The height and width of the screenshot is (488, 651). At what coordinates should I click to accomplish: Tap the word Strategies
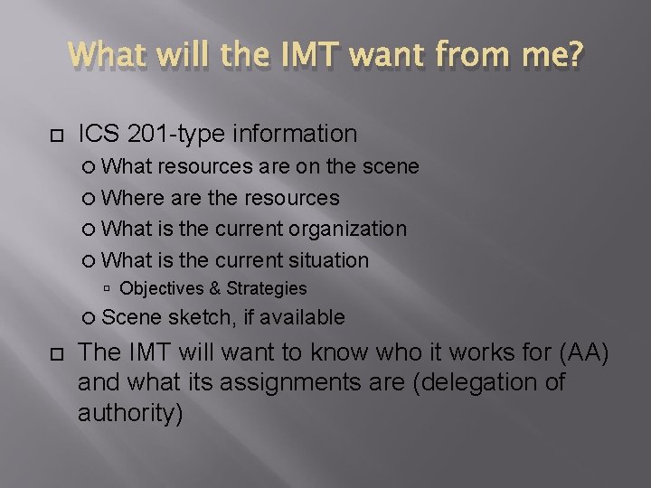[x=267, y=289]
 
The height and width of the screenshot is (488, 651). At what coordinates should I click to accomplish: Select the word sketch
[x=200, y=317]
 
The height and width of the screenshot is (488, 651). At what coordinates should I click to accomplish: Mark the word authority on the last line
[x=130, y=414]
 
